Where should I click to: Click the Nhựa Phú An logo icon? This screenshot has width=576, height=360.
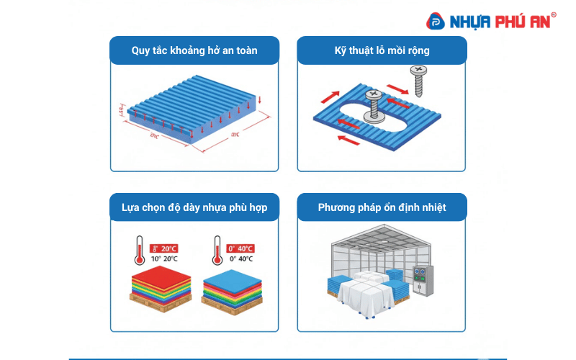tap(436, 22)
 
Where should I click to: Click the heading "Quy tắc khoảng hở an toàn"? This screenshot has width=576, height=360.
tap(194, 50)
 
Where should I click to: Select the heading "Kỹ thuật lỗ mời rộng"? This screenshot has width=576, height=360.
tap(382, 50)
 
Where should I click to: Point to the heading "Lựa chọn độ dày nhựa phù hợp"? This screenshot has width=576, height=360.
tap(194, 207)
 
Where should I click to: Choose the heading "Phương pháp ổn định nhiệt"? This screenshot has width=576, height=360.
tap(382, 207)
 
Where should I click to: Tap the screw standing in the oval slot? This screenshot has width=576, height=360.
tap(374, 104)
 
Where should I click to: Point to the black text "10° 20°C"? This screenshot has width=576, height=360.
tap(165, 258)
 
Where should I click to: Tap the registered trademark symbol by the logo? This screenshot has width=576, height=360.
tap(553, 14)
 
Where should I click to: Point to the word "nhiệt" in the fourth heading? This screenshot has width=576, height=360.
tap(432, 207)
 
